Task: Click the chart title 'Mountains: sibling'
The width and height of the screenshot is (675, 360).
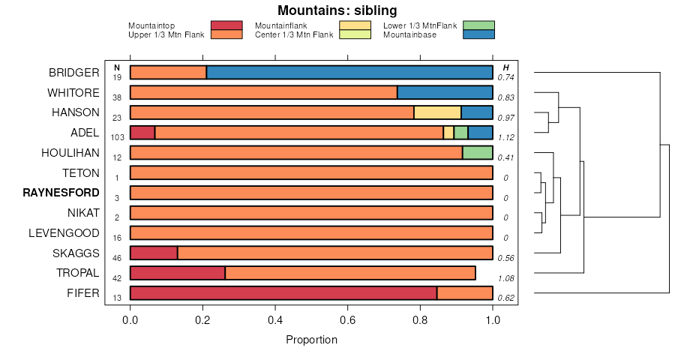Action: click(337, 10)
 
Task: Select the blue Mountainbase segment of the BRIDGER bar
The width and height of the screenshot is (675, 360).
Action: click(349, 73)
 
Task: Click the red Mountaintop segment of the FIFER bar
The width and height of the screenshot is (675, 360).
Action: click(283, 293)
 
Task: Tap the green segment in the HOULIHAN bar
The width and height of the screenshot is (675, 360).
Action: click(477, 153)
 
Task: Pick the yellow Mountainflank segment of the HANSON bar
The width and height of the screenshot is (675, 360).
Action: click(437, 112)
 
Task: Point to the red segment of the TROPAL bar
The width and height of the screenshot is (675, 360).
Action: click(178, 273)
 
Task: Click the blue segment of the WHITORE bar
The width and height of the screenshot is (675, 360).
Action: click(445, 93)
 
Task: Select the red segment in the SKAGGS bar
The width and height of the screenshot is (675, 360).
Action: click(154, 253)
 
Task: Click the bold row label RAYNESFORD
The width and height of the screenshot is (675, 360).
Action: click(61, 193)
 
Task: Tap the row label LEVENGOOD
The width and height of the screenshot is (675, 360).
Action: click(64, 232)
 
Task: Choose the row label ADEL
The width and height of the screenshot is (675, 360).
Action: click(85, 133)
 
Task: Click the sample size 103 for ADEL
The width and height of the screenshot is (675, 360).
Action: click(117, 138)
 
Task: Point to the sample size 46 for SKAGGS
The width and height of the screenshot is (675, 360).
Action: click(117, 258)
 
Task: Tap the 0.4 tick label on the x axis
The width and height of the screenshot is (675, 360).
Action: click(275, 319)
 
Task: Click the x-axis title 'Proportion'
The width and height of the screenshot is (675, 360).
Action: click(312, 340)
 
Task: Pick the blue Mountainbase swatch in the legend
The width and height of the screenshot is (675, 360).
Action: click(478, 34)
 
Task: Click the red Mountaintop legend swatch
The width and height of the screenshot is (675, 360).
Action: click(226, 25)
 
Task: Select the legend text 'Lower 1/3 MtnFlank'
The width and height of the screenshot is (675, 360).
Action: click(420, 25)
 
